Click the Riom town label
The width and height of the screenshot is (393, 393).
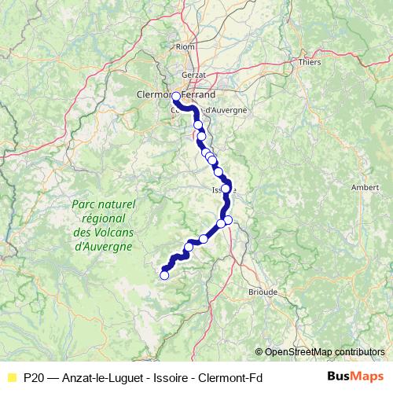click(185, 47)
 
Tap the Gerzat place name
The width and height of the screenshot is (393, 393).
click(193, 75)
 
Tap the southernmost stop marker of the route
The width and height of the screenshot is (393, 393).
click(164, 275)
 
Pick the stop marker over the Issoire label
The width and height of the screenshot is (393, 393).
click(226, 189)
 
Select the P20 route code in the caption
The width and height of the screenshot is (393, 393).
click(33, 377)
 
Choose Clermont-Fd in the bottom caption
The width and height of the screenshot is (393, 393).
click(232, 377)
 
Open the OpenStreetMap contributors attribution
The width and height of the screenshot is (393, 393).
click(324, 352)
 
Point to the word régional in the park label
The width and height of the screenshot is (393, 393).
click(103, 219)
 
